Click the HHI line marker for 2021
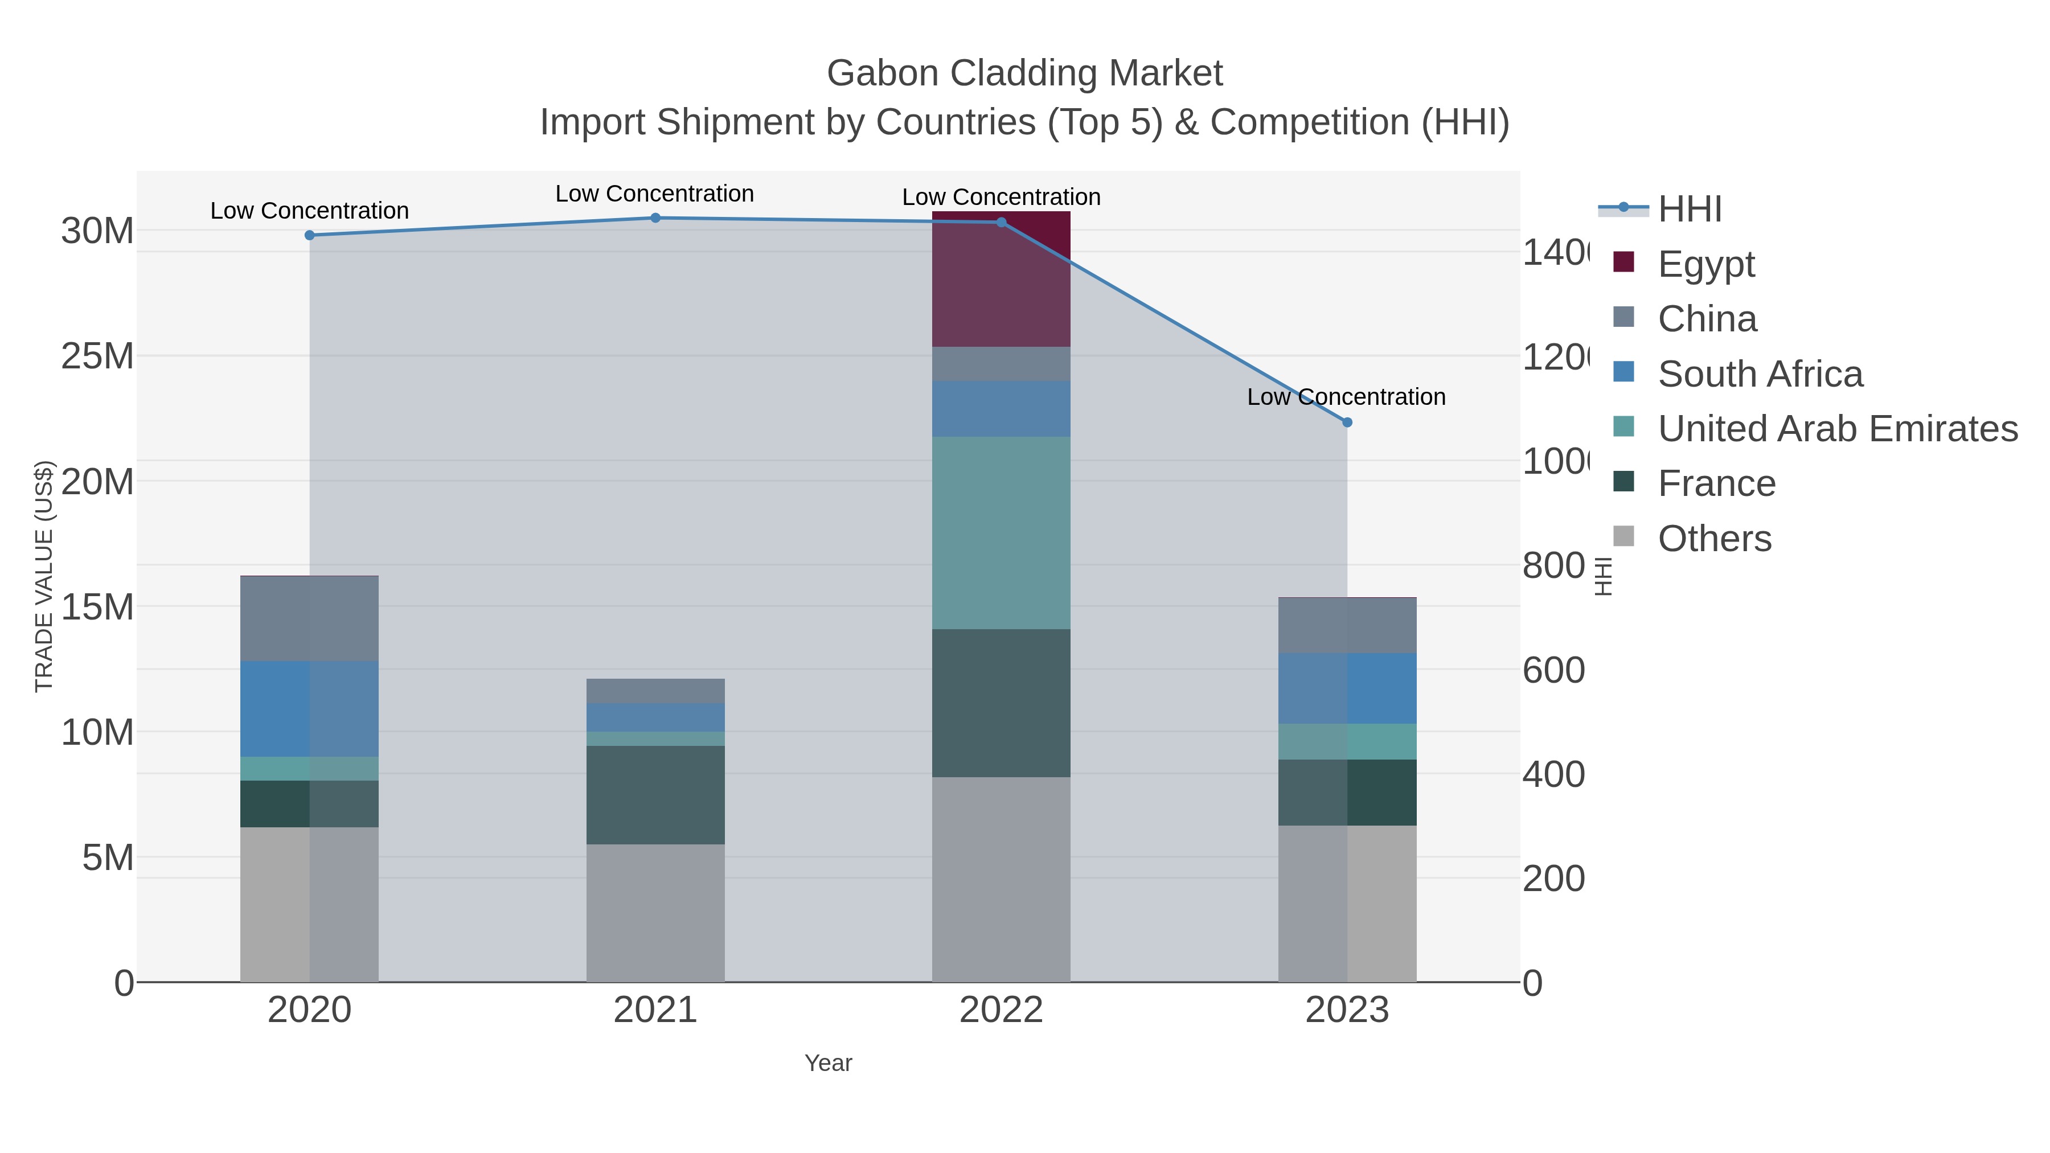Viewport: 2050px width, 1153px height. [655, 218]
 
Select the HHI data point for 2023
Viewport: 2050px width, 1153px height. [1347, 422]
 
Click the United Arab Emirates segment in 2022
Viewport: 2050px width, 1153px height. [1001, 532]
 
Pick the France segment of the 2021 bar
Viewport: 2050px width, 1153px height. [655, 794]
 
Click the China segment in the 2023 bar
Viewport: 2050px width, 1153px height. [1347, 625]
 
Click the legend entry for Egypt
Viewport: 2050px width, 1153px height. [1705, 264]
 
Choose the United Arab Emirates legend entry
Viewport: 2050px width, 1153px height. [1836, 429]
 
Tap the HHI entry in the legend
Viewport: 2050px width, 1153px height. [1689, 210]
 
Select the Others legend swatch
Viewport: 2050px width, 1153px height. [1623, 537]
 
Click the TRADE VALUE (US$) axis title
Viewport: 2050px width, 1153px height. [44, 576]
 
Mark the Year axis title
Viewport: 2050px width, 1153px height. [827, 1063]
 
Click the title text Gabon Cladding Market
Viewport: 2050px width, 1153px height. [1024, 73]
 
